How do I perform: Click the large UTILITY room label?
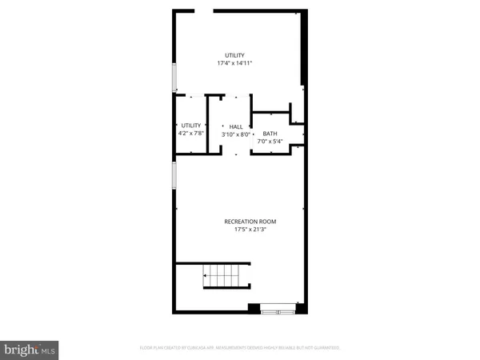(x=234, y=55)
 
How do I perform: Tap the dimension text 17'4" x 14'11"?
(x=234, y=63)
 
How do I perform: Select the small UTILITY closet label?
(x=190, y=126)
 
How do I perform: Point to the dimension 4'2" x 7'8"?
(x=190, y=134)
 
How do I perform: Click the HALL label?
(x=235, y=126)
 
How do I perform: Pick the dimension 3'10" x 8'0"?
(x=235, y=134)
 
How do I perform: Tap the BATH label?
(x=270, y=134)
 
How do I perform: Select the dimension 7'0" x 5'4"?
(x=270, y=142)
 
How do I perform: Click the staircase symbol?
(x=227, y=280)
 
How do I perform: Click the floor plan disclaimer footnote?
(x=240, y=348)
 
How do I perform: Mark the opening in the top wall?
(x=203, y=11)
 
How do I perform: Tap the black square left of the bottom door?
(x=254, y=307)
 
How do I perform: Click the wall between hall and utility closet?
(x=207, y=124)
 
